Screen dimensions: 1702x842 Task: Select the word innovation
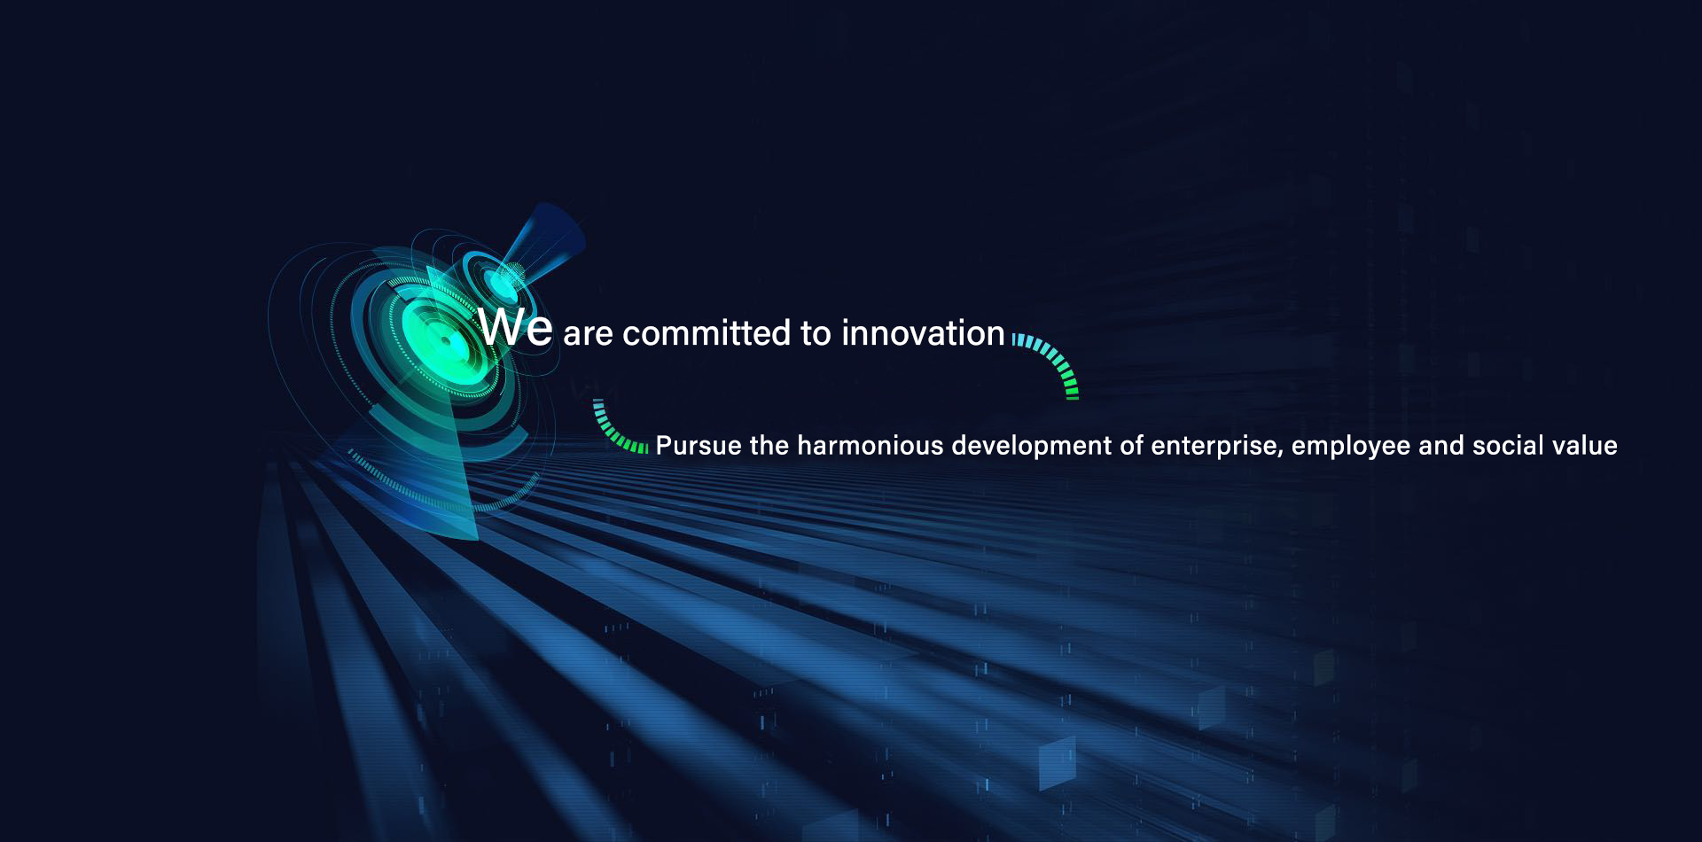(923, 333)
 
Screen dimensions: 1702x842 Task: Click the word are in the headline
(588, 336)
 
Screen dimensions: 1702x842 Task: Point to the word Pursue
(698, 445)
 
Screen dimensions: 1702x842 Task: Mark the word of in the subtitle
(1134, 445)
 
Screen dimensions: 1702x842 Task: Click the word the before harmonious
(769, 445)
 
